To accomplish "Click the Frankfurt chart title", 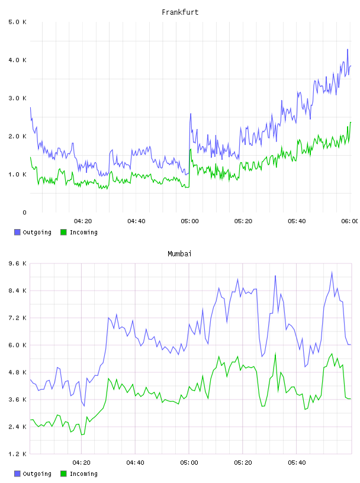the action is pyautogui.click(x=180, y=12).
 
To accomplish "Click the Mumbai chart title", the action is pyautogui.click(x=179, y=253).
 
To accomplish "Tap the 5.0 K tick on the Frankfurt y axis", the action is pyautogui.click(x=17, y=22).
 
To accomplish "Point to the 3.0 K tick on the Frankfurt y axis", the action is pyautogui.click(x=17, y=98).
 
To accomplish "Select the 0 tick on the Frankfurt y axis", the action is pyautogui.click(x=24, y=212).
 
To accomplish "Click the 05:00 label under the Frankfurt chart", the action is pyautogui.click(x=189, y=221).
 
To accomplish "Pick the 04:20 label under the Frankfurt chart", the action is pyautogui.click(x=83, y=221).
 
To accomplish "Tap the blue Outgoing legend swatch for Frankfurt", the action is pyautogui.click(x=17, y=232).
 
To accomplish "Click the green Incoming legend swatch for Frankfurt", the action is pyautogui.click(x=63, y=232).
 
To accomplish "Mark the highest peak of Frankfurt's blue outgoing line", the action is pyautogui.click(x=348, y=49).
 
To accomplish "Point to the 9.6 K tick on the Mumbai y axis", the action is pyautogui.click(x=17, y=263).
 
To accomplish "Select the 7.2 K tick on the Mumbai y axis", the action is pyautogui.click(x=17, y=318).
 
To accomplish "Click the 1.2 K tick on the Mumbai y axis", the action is pyautogui.click(x=17, y=454).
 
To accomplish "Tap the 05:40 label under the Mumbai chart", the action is pyautogui.click(x=297, y=462).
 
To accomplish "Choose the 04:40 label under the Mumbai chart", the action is pyautogui.click(x=135, y=462).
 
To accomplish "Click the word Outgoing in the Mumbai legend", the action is pyautogui.click(x=37, y=474).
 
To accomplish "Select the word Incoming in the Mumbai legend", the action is pyautogui.click(x=83, y=474).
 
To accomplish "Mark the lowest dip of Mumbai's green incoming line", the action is pyautogui.click(x=82, y=434).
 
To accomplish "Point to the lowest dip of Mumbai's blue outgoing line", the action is pyautogui.click(x=84, y=406).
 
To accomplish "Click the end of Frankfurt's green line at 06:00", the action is pyautogui.click(x=351, y=123).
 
